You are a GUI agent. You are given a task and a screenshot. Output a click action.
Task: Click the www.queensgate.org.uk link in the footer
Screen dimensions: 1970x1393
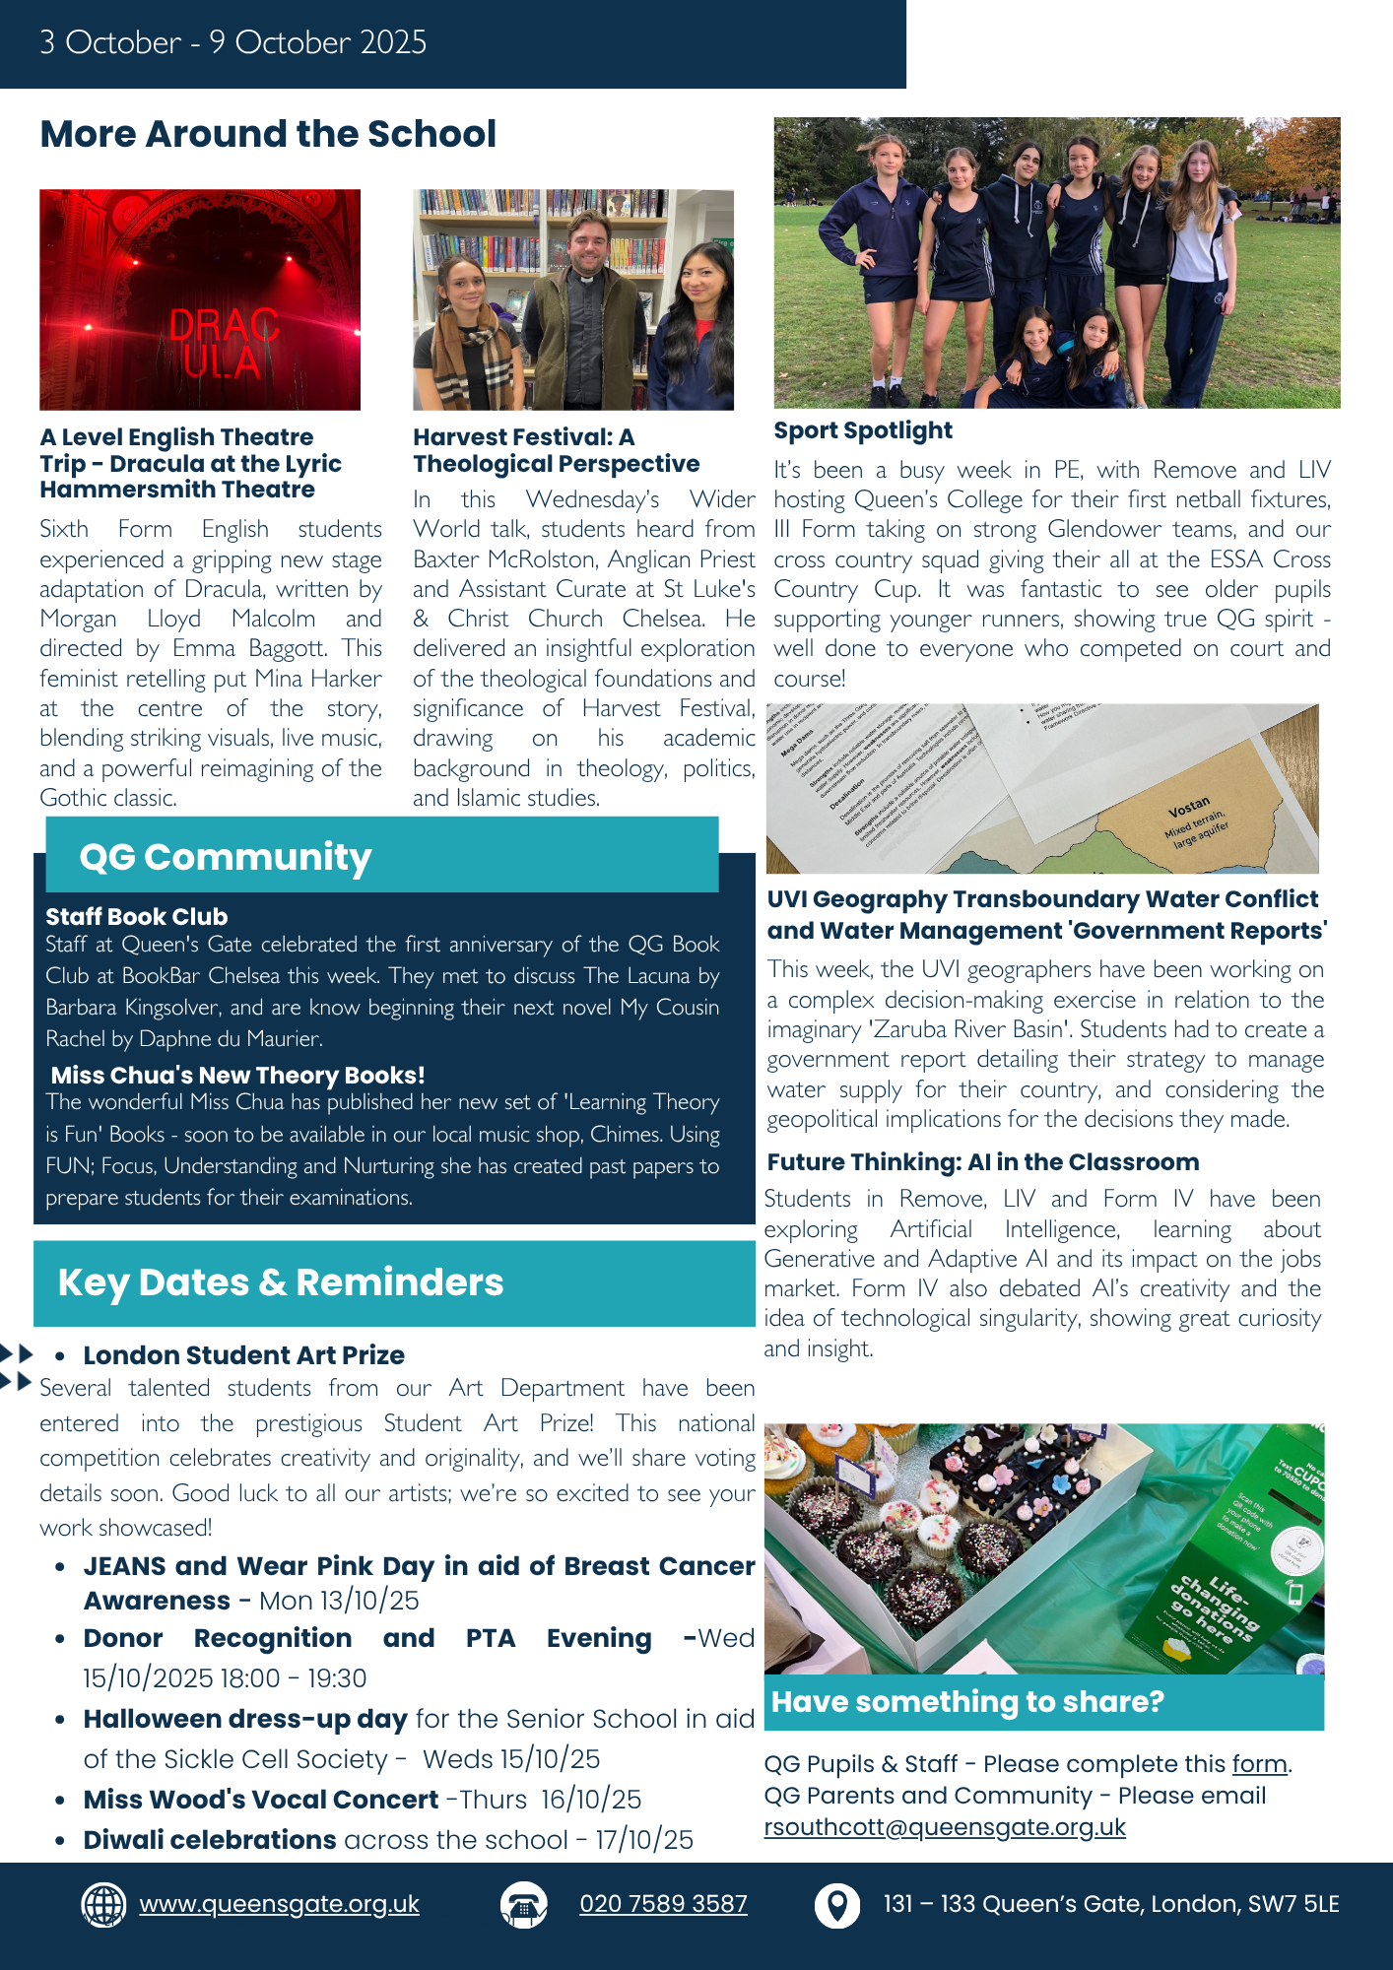279,1904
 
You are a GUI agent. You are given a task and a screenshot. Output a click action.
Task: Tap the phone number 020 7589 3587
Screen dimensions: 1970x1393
663,1904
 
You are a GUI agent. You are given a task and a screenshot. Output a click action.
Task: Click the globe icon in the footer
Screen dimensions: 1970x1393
103,1904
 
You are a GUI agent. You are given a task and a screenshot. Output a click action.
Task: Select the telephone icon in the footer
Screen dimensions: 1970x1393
523,1905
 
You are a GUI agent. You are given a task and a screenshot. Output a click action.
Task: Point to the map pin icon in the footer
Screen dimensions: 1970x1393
836,1905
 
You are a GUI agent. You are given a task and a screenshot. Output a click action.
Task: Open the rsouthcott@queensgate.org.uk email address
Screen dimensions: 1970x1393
944,1827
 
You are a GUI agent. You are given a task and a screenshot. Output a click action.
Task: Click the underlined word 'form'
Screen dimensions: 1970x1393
1259,1764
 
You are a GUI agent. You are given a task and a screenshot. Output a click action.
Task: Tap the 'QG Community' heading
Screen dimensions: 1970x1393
225,857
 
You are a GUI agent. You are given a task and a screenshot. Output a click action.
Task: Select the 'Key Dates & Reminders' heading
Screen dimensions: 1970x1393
281,1282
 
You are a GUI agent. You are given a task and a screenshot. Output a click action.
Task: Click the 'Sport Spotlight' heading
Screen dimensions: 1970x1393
863,430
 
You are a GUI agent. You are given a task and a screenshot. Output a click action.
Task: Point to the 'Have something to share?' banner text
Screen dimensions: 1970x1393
967,1702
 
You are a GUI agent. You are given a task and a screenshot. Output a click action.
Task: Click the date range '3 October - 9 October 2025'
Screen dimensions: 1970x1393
232,42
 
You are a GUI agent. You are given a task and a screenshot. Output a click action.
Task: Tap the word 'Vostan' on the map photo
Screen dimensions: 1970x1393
1188,808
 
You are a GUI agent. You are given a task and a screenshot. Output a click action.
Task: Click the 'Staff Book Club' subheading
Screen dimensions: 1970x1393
136,917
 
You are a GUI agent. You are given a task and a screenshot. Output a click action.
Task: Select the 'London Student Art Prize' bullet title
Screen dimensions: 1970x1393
243,1355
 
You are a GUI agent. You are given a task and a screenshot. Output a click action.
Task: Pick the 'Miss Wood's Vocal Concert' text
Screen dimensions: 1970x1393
260,1800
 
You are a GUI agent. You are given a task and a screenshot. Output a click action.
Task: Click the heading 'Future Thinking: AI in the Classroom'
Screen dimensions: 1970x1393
982,1162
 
